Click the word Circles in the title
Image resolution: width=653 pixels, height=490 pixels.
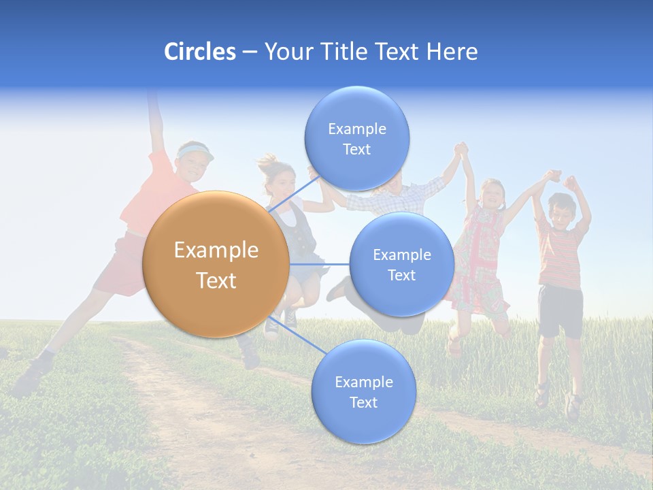(x=200, y=52)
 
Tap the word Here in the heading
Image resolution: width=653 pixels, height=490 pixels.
(x=452, y=52)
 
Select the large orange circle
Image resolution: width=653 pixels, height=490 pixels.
(x=216, y=264)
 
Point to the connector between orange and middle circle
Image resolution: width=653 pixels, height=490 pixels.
(x=320, y=264)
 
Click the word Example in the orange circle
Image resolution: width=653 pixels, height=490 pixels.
(x=216, y=250)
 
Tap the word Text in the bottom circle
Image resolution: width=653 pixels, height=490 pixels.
(x=363, y=402)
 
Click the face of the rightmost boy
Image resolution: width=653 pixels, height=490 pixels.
(x=562, y=210)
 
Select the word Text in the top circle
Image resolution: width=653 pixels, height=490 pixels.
(x=356, y=149)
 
